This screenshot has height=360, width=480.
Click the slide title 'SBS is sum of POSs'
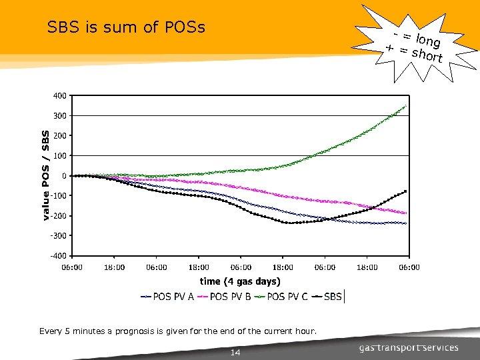(126, 27)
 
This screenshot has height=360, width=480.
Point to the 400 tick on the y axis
(59, 96)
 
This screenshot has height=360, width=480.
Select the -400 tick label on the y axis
(58, 256)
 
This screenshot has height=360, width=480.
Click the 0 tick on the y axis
(63, 176)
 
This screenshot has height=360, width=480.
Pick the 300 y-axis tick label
(59, 116)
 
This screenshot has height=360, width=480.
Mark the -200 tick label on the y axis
(58, 216)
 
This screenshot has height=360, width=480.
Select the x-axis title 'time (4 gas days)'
(240, 281)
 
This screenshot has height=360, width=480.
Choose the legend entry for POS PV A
(167, 297)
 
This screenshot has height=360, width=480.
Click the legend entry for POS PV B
(224, 297)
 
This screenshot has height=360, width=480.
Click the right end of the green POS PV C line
(405, 106)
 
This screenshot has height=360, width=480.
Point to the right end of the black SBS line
(405, 191)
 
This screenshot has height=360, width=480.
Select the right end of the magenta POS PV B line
(405, 213)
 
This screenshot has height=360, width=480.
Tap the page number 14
(235, 352)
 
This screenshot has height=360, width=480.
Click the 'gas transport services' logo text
(409, 347)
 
